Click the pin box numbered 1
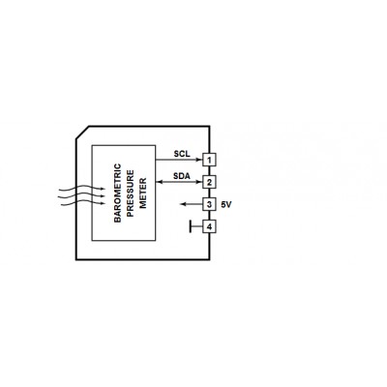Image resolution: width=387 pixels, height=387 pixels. point(209,160)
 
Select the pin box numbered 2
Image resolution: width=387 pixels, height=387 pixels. point(209,182)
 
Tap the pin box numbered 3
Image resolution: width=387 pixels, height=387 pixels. point(209,204)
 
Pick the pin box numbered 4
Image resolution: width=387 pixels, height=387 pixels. point(209,226)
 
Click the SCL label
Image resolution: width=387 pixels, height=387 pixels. point(182,154)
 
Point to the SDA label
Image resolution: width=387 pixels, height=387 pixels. point(182,176)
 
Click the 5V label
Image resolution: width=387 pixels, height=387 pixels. point(226,204)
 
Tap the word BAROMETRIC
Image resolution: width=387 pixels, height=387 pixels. point(118,193)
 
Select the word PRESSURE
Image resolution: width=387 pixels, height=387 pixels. point(131,193)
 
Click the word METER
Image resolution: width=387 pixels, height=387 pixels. point(142,193)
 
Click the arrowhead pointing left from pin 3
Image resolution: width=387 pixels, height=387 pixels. point(183,204)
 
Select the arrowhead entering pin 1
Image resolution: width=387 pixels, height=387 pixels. point(199,160)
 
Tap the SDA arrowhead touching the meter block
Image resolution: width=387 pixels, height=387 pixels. point(159,182)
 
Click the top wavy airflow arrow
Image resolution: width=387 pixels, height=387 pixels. point(82,188)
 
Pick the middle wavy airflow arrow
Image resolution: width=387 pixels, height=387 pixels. point(82,195)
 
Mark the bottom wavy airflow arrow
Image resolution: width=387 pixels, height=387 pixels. point(82,203)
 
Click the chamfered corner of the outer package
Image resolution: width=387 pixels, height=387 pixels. point(82,133)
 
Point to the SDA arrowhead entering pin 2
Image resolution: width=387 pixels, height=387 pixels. point(199,182)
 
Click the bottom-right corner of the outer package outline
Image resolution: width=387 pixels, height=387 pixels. point(210,259)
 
